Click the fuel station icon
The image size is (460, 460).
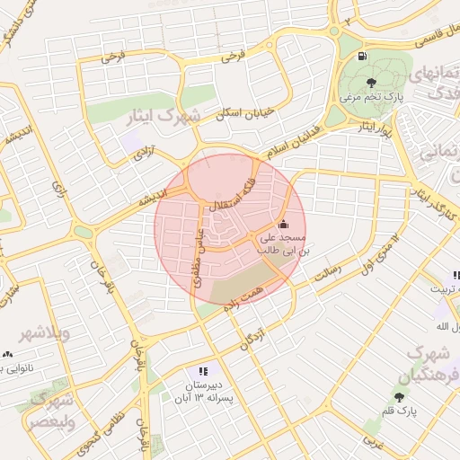point(362,57)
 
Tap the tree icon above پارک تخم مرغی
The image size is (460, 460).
point(358,83)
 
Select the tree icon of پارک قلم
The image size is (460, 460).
point(399,397)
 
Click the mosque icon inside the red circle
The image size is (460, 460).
point(284,225)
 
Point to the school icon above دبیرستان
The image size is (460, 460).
point(203,371)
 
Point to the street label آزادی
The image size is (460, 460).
point(144,155)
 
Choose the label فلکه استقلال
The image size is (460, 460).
point(233,195)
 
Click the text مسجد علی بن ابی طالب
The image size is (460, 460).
point(283,244)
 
